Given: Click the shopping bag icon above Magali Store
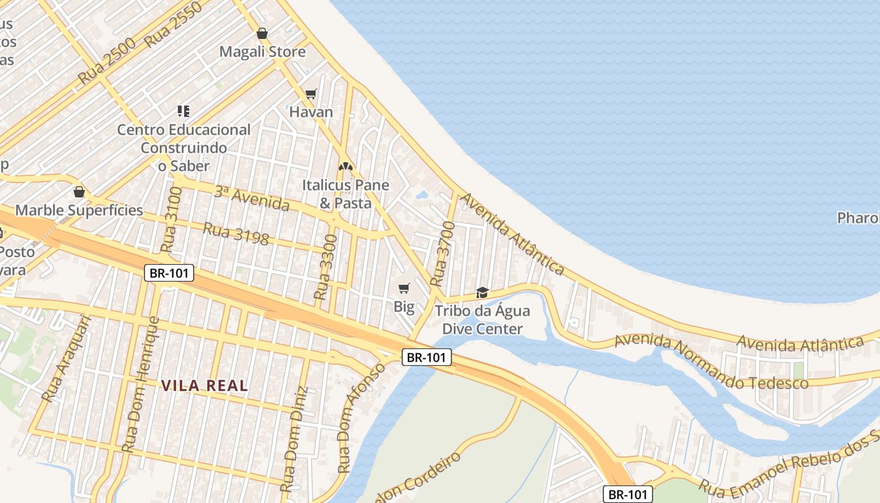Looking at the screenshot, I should tap(262, 33).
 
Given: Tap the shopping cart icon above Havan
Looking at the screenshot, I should tap(311, 94).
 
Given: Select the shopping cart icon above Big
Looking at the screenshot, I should tap(404, 289).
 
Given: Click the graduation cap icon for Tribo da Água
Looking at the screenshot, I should tap(482, 292).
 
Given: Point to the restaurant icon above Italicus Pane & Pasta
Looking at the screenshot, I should tap(345, 167).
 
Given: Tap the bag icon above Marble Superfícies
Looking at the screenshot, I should tap(79, 192).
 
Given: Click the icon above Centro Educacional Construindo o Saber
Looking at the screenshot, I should tap(184, 111).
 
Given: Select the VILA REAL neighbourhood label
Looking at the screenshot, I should tap(204, 385).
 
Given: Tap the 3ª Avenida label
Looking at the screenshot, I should tap(251, 199).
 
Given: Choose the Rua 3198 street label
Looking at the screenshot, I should tap(236, 234).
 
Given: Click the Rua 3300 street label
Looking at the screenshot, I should tap(326, 267).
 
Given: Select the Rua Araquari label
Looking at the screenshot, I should tap(66, 358).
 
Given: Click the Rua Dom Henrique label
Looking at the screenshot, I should tap(140, 384).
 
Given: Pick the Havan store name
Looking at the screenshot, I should tap(311, 113).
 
